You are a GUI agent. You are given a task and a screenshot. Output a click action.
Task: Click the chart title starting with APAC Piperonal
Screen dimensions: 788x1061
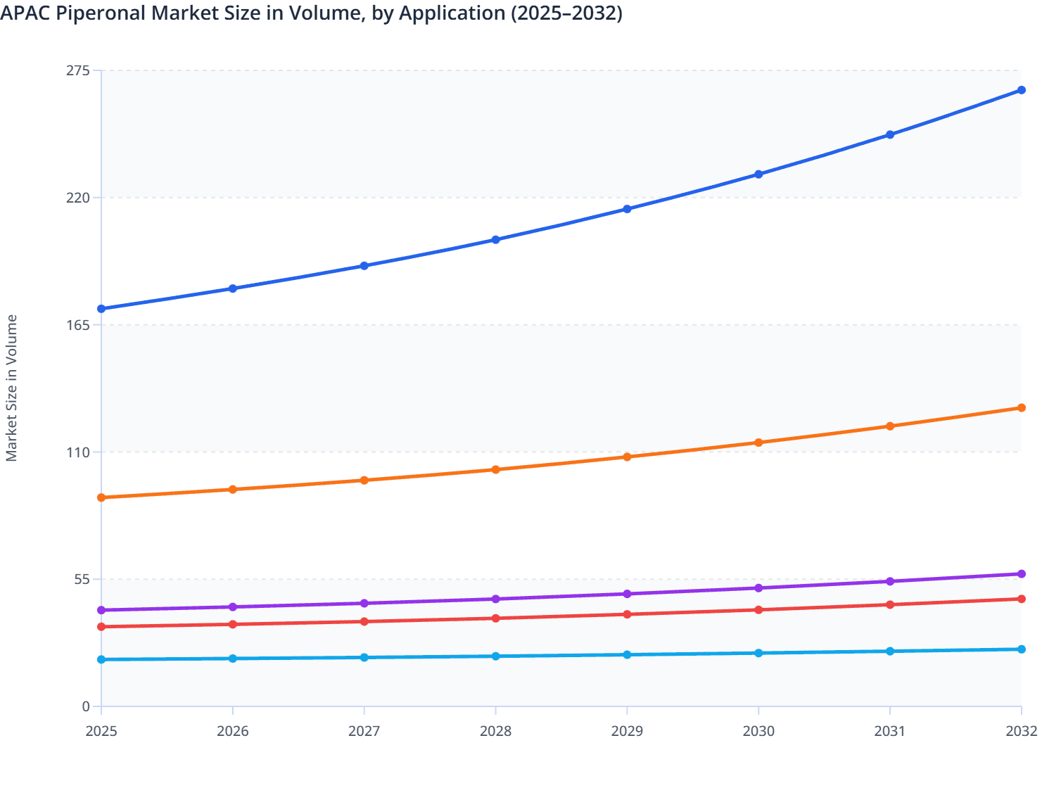pyautogui.click(x=311, y=13)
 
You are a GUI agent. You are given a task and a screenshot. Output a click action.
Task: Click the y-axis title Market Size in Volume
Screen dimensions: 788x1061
pyautogui.click(x=11, y=388)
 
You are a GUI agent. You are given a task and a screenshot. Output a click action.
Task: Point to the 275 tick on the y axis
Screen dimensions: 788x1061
pyautogui.click(x=77, y=70)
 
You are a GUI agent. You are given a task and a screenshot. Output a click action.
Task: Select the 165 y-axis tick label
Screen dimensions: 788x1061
pyautogui.click(x=77, y=325)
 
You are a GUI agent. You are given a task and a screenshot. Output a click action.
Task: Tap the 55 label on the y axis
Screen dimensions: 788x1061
pyautogui.click(x=82, y=580)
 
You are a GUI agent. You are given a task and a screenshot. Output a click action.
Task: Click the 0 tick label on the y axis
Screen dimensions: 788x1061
pyautogui.click(x=86, y=706)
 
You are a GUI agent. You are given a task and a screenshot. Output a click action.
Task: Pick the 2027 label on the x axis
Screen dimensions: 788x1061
pyautogui.click(x=364, y=731)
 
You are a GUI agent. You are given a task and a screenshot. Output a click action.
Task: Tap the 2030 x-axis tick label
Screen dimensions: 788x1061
pyautogui.click(x=758, y=731)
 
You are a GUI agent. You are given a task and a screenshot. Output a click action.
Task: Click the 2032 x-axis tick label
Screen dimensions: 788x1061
pyautogui.click(x=1021, y=731)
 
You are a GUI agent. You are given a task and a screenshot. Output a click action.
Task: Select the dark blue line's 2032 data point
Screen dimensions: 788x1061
pyautogui.click(x=1022, y=90)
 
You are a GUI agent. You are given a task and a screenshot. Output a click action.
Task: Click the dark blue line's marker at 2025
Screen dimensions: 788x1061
pyautogui.click(x=101, y=309)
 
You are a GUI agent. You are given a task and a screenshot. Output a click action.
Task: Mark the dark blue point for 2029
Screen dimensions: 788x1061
pyautogui.click(x=627, y=209)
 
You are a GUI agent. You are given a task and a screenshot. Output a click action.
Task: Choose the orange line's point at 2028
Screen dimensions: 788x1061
pyautogui.click(x=495, y=469)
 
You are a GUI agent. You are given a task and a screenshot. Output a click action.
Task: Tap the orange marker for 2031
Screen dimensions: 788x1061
pyautogui.click(x=890, y=426)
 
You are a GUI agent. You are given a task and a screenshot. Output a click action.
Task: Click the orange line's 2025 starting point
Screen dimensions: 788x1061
pyautogui.click(x=101, y=497)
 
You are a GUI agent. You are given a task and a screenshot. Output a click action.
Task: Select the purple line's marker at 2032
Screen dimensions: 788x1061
pyautogui.click(x=1022, y=574)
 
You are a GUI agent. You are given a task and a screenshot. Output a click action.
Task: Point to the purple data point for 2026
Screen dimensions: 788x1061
pyautogui.click(x=233, y=607)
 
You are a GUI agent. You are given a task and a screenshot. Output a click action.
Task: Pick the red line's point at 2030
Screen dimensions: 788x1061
pyautogui.click(x=758, y=610)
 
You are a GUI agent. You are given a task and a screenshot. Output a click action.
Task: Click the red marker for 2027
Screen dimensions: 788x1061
pyautogui.click(x=364, y=622)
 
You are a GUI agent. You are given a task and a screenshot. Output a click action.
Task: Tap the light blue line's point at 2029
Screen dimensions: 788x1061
pyautogui.click(x=627, y=655)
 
